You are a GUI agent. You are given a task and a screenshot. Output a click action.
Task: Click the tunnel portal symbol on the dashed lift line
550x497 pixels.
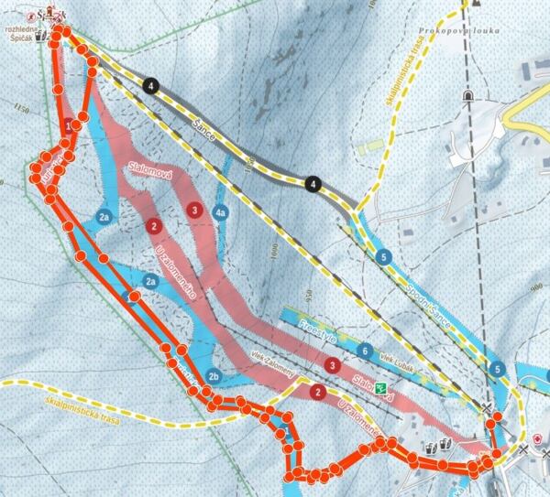467,94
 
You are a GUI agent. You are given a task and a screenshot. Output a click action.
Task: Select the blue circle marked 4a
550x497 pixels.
220,212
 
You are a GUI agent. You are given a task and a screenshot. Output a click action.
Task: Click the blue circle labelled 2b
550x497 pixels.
214,375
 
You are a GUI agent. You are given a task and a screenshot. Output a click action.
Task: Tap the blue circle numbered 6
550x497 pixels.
365,351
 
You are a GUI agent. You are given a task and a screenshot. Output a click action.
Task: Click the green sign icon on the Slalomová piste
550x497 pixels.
382,388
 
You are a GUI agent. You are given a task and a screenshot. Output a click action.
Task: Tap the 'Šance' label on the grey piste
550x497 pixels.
203,128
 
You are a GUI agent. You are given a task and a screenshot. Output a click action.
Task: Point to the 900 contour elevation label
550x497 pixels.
536,286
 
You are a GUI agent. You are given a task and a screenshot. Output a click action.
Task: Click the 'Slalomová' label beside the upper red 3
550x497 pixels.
149,177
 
